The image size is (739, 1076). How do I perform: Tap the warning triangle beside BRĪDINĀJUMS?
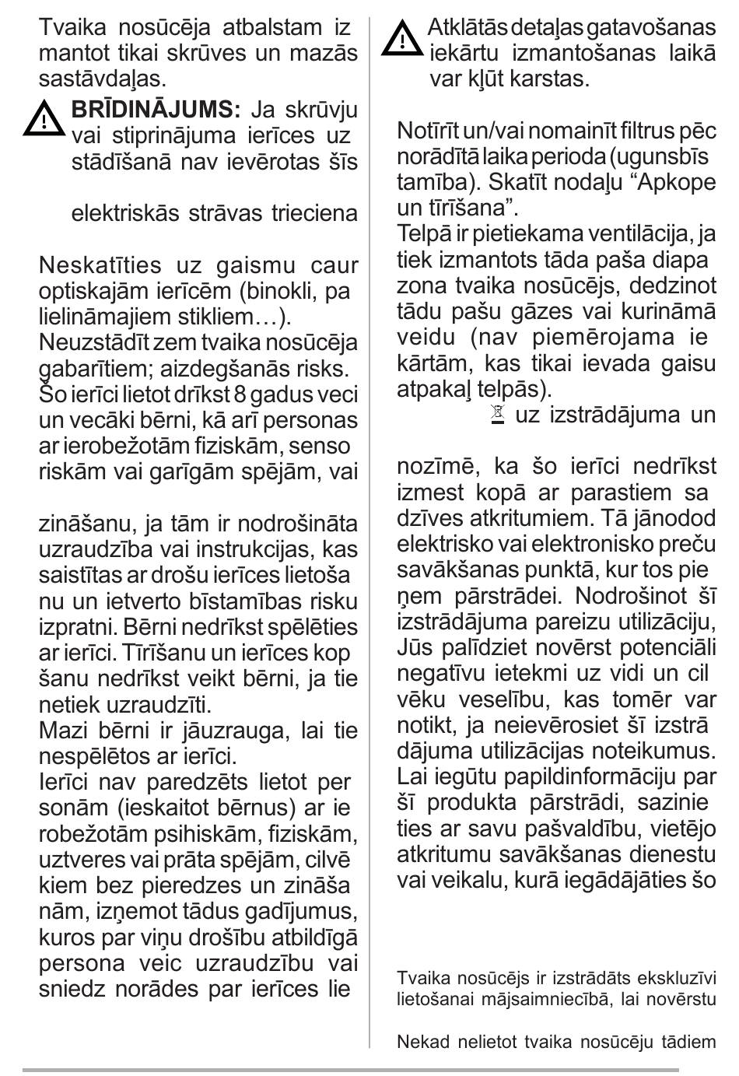(44, 119)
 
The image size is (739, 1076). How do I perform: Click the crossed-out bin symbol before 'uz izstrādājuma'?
(498, 415)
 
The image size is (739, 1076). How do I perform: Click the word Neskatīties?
(101, 265)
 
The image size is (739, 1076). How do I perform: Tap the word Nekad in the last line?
(419, 1042)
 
